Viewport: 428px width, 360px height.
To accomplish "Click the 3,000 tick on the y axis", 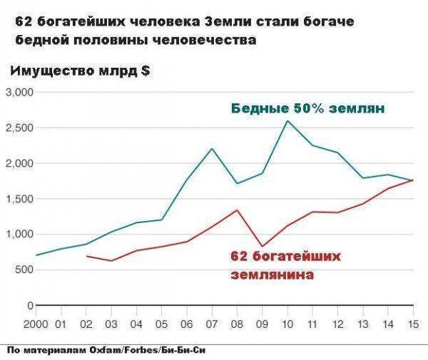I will (x=19, y=93).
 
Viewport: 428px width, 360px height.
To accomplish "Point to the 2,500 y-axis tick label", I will (x=19, y=128).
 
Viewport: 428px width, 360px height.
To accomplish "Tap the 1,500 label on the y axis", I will (x=19, y=199).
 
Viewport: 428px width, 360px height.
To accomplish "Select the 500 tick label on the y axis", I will (x=24, y=269).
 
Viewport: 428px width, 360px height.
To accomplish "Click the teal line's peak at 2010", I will (x=287, y=120).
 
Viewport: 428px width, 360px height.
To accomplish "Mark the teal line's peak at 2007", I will (x=212, y=148).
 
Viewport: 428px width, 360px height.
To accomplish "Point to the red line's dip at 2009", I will (x=262, y=246).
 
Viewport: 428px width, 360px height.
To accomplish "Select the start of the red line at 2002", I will (x=86, y=255).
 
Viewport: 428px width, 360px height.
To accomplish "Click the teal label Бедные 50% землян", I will (x=307, y=109).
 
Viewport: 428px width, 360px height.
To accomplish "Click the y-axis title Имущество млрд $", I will (x=79, y=71).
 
